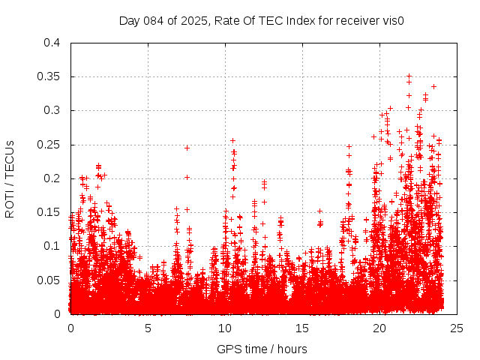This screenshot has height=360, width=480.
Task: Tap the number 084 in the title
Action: (154, 21)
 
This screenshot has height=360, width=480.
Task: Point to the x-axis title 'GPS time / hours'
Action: (262, 349)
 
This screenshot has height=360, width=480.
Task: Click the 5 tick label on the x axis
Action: (148, 328)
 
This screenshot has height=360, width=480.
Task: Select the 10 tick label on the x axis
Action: (225, 328)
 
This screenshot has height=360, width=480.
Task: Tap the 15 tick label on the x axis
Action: (302, 328)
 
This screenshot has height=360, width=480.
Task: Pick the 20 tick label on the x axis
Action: (379, 328)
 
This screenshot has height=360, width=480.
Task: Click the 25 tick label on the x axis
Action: (457, 328)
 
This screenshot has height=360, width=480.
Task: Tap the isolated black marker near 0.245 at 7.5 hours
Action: (187, 148)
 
